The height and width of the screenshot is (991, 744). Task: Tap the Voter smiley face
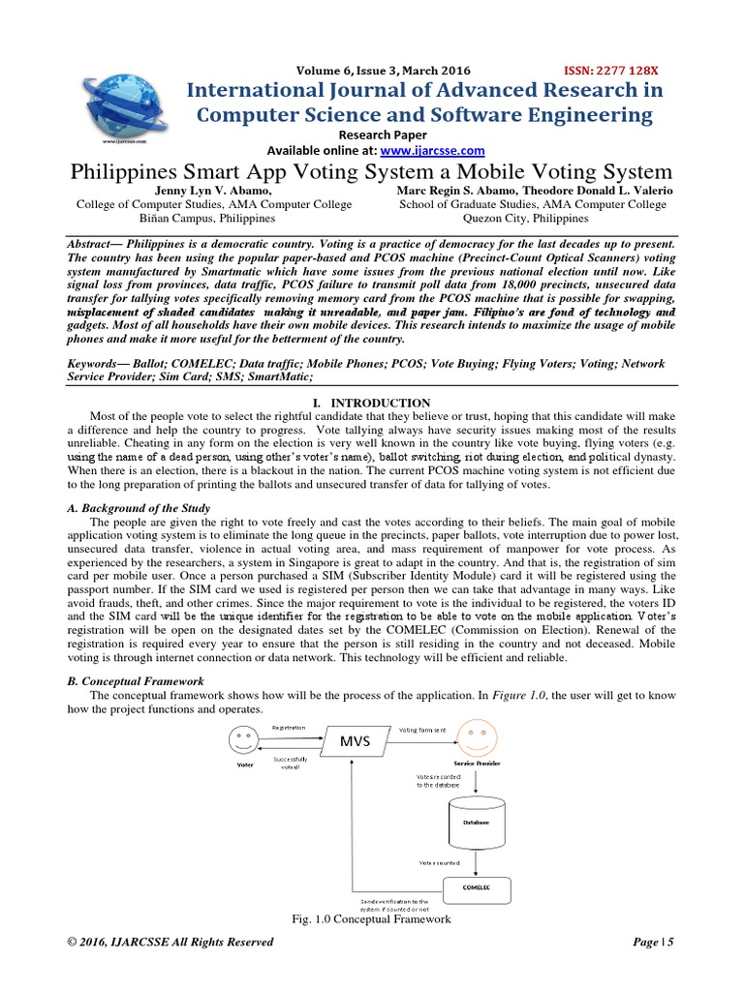pyautogui.click(x=242, y=741)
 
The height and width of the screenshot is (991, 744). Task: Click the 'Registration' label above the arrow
pyautogui.click(x=290, y=726)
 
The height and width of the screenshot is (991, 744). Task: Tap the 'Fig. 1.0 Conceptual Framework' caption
pyautogui.click(x=371, y=918)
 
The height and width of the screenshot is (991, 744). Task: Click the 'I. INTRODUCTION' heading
pyautogui.click(x=371, y=402)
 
